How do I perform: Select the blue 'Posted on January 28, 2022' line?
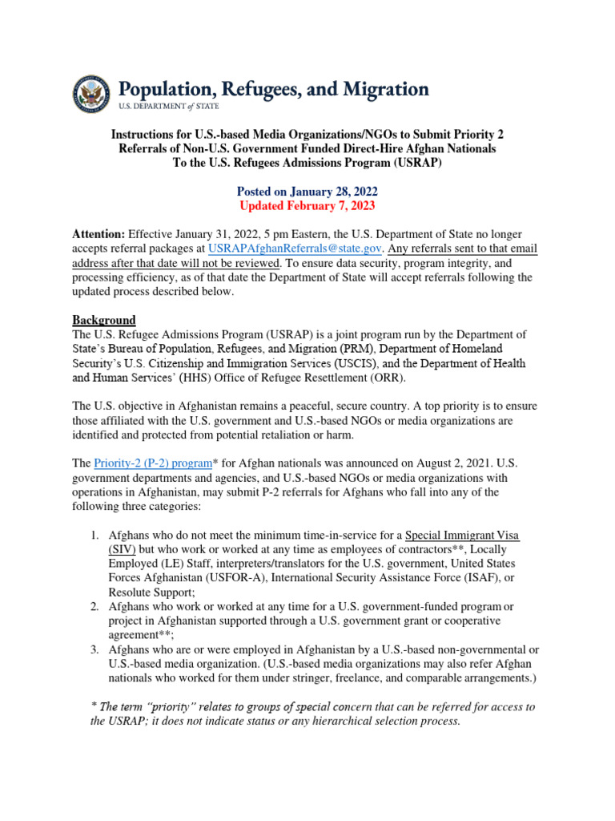(x=307, y=192)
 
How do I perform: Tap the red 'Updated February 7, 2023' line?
(x=307, y=205)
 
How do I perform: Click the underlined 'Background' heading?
(x=104, y=320)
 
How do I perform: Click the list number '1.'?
(x=94, y=535)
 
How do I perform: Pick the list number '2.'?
(x=94, y=606)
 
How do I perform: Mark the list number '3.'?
(x=94, y=649)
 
